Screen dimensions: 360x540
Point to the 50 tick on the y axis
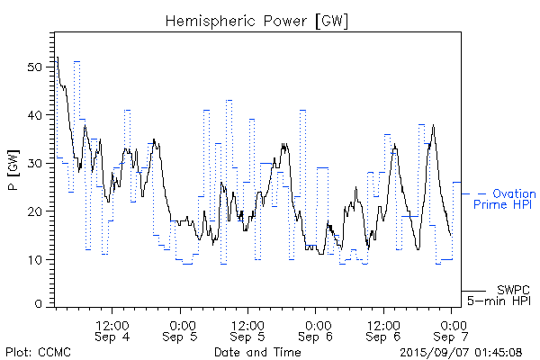point(35,67)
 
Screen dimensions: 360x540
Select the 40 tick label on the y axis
point(35,115)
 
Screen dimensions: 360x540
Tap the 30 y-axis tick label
point(35,163)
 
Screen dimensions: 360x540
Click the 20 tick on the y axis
point(35,211)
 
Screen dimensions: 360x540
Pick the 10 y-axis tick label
point(35,259)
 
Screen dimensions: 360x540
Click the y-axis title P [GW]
point(12,172)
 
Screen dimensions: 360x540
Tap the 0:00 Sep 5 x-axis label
point(181,330)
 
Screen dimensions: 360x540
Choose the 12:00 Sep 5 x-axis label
point(248,330)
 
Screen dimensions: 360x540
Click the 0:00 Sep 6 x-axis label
point(316,330)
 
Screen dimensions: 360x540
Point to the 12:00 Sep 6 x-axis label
point(384,330)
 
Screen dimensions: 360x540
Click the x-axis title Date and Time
point(257,351)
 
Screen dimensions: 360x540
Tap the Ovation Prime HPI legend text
point(507,200)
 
